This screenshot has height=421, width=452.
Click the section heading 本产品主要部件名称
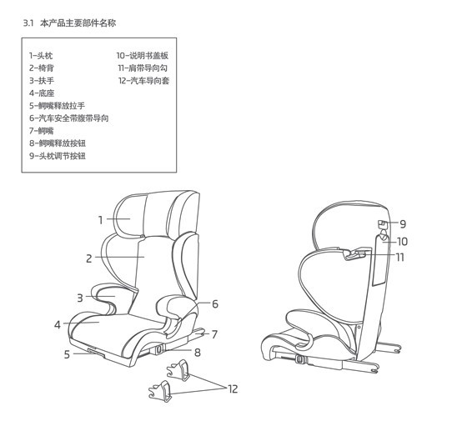pos(78,23)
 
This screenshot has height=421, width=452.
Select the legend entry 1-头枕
pos(41,56)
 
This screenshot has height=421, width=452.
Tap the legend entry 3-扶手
pos(42,81)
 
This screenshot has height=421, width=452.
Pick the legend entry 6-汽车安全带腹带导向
pos(69,118)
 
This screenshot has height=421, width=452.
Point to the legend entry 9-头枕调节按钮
pos(58,156)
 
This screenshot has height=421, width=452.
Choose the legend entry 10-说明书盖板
pos(143,56)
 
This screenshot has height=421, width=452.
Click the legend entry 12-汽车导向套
pos(143,81)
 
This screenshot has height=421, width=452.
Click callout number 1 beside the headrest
pos(101,220)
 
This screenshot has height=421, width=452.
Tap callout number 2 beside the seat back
pos(89,258)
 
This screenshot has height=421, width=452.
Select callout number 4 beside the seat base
pos(58,325)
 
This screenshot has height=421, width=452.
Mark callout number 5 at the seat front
pos(67,354)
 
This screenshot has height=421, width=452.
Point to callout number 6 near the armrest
pos(215,303)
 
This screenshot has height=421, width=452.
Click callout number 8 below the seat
pos(198,352)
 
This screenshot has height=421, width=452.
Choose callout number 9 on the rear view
pos(403,224)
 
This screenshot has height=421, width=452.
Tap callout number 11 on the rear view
pos(399,257)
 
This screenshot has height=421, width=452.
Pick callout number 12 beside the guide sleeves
pos(233,389)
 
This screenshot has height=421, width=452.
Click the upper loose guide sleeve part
pos(178,369)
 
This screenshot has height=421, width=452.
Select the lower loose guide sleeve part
pos(160,391)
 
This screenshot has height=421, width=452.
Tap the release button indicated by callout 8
pos(158,349)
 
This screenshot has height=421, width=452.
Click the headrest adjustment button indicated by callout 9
pos(382,223)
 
